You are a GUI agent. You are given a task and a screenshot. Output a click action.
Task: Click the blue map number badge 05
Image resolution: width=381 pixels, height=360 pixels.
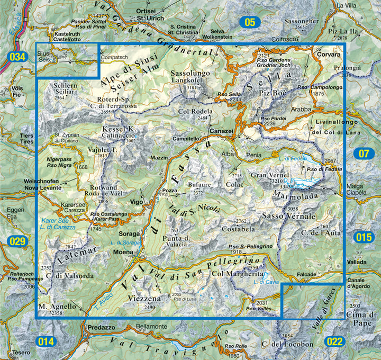[x=250, y=22]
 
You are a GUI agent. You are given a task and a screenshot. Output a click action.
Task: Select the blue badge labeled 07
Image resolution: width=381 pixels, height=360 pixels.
[x=364, y=154]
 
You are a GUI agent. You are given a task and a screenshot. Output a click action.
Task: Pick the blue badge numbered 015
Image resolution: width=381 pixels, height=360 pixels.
[x=364, y=237]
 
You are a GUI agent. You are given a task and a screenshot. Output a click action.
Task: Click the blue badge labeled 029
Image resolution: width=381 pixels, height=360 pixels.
[x=17, y=242]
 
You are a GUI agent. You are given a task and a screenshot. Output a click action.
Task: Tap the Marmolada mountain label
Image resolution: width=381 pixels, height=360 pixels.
[x=295, y=195]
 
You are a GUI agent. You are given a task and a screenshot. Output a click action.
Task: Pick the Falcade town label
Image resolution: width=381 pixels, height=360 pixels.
[x=307, y=274]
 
